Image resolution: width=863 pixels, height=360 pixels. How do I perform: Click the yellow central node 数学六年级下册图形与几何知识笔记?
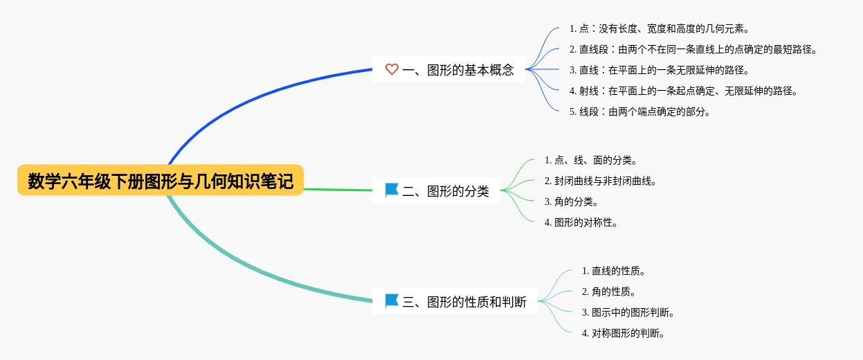tap(161, 181)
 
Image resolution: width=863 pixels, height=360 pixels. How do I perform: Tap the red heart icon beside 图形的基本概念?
tap(392, 69)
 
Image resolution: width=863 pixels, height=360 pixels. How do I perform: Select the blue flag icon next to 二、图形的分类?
tap(392, 190)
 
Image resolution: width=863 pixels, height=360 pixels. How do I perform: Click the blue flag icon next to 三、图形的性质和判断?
tap(392, 301)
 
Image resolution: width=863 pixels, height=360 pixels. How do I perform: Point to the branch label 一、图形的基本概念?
tap(458, 70)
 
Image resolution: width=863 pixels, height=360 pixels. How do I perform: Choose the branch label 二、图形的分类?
tap(446, 191)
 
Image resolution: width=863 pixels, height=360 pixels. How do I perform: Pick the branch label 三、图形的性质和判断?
tap(464, 301)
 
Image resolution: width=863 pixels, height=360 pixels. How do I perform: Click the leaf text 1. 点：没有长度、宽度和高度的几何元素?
tap(660, 28)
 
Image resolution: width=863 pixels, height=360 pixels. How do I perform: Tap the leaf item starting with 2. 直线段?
tap(693, 49)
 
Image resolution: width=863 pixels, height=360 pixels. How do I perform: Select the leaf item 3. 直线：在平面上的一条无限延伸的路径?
tap(660, 70)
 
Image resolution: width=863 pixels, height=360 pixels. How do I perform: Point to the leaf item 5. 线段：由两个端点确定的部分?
tap(640, 111)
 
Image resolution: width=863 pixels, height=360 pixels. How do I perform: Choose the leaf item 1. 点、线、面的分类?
tap(590, 160)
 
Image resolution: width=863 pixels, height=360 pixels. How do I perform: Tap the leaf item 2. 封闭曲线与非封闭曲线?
tap(600, 181)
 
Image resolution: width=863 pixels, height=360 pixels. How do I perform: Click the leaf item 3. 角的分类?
tap(572, 201)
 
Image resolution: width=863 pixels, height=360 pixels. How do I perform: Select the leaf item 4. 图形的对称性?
tap(581, 222)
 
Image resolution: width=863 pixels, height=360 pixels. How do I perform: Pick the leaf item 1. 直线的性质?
tap(614, 271)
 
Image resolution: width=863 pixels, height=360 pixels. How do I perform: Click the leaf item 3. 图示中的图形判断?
tap(628, 313)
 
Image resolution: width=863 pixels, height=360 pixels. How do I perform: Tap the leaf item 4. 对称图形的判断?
tap(624, 334)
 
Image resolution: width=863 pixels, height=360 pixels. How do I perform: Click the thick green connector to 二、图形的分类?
tap(338, 190)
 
